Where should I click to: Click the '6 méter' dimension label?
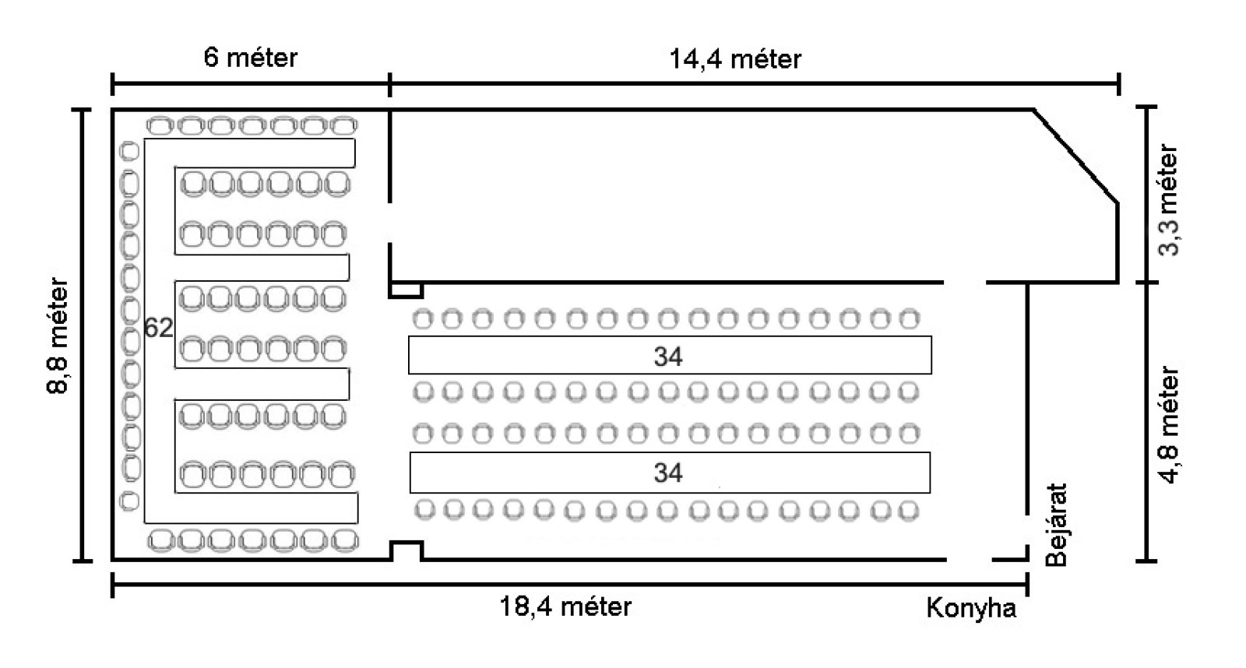coord(250,58)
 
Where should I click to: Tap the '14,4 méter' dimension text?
coord(735,59)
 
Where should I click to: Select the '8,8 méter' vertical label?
coord(59,336)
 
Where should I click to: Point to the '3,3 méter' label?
coord(1169,199)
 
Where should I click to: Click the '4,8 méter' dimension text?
coord(1169,425)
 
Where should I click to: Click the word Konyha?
coord(971,608)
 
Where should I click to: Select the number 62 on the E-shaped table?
coord(158,329)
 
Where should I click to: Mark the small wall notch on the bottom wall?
coord(407,550)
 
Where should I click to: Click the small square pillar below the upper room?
coord(406,290)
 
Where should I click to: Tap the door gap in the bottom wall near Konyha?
coord(970,559)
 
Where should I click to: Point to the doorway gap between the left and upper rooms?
coord(389,223)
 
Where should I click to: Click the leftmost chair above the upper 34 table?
coord(422,318)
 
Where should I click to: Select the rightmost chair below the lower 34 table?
coord(908,511)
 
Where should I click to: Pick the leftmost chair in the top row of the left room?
coord(160,125)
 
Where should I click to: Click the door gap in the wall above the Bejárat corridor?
coord(965,282)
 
